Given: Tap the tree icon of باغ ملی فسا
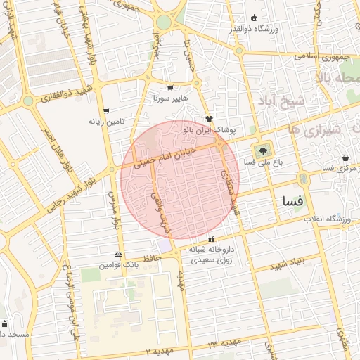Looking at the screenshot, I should coord(264,150).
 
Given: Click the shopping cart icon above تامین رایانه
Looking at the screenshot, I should coord(106,110).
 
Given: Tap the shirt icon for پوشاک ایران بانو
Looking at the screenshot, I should coord(208,119).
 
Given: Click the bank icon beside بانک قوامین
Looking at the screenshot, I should coord(118,255).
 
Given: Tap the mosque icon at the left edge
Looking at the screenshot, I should coord(5,324).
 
